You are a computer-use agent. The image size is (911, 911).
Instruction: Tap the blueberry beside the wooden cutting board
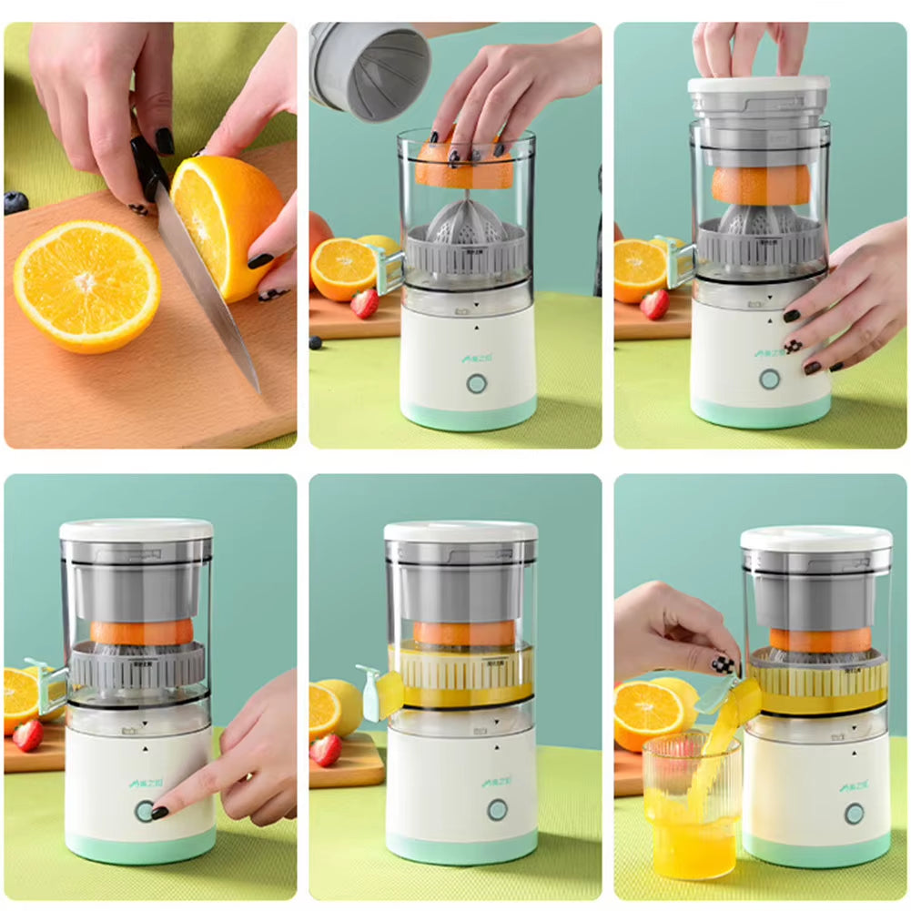click(x=15, y=203)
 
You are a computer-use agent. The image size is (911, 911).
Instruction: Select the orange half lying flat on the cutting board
click(x=86, y=285)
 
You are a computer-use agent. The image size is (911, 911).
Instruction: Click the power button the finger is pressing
click(x=144, y=811)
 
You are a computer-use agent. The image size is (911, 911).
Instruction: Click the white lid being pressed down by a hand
click(x=758, y=84)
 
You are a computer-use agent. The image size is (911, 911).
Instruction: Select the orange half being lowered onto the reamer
click(x=464, y=171)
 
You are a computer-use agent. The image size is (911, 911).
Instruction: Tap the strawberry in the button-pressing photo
click(x=27, y=735)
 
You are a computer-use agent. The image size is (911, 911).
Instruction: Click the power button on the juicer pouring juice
click(x=853, y=813)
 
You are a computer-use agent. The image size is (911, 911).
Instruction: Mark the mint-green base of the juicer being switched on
click(x=140, y=847)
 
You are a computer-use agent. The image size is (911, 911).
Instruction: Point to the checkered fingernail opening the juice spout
click(x=724, y=664)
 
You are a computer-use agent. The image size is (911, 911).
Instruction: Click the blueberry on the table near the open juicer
click(x=315, y=342)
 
